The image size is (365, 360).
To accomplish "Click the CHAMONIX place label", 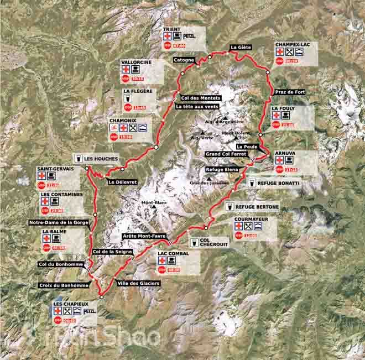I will click(123, 118).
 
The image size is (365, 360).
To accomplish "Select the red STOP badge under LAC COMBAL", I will click(161, 269).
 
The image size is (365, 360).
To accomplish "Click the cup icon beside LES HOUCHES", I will click(80, 158).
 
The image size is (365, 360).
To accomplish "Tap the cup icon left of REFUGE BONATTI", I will click(251, 182).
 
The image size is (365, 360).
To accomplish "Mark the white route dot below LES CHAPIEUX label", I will click(101, 296).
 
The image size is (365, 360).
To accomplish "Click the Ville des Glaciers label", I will click(138, 283).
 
